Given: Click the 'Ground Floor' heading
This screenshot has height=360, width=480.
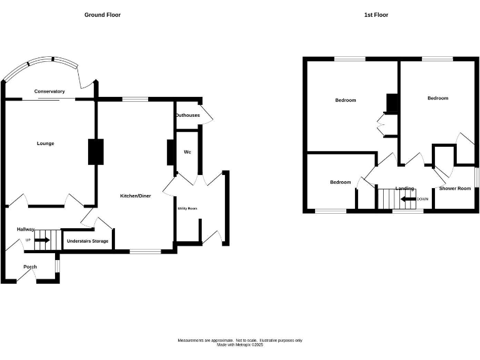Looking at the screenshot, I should tap(102, 14).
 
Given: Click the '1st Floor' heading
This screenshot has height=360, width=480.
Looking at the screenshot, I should tap(376, 14).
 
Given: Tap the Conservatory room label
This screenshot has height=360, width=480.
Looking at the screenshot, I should tap(49, 91).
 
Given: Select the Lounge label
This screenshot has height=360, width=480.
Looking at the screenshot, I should tap(46, 144).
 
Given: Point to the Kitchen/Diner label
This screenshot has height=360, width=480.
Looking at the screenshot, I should tap(136, 196).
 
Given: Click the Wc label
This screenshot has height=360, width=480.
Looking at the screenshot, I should tap(187, 152).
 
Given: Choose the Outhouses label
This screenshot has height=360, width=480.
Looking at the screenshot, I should tap(187, 115).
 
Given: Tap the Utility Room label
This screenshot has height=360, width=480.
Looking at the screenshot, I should tap(187, 208).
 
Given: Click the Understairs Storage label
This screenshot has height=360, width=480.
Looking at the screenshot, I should tap(87, 241).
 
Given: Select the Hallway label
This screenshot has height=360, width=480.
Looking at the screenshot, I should tap(26, 229).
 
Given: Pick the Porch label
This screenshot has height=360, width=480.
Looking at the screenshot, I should tap(30, 267).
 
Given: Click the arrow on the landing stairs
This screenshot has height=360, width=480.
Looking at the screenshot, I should tap(408, 199).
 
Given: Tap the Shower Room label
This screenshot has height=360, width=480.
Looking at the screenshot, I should tap(454, 188).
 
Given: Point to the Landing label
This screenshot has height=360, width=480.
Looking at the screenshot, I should tap(404, 188).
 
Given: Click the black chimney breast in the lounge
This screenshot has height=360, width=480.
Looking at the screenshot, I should tap(95, 152).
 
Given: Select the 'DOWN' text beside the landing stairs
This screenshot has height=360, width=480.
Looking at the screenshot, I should tap(422, 199).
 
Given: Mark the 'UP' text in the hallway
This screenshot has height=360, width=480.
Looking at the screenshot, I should tap(27, 240).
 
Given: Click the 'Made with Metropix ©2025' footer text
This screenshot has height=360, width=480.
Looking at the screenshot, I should tap(240, 344).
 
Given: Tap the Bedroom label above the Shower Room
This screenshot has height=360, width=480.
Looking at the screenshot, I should tap(437, 98).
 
